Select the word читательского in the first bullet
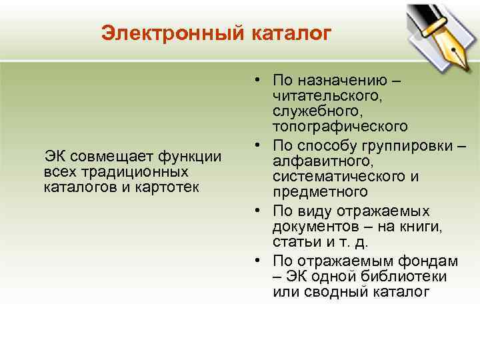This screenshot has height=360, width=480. [x=326, y=97]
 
